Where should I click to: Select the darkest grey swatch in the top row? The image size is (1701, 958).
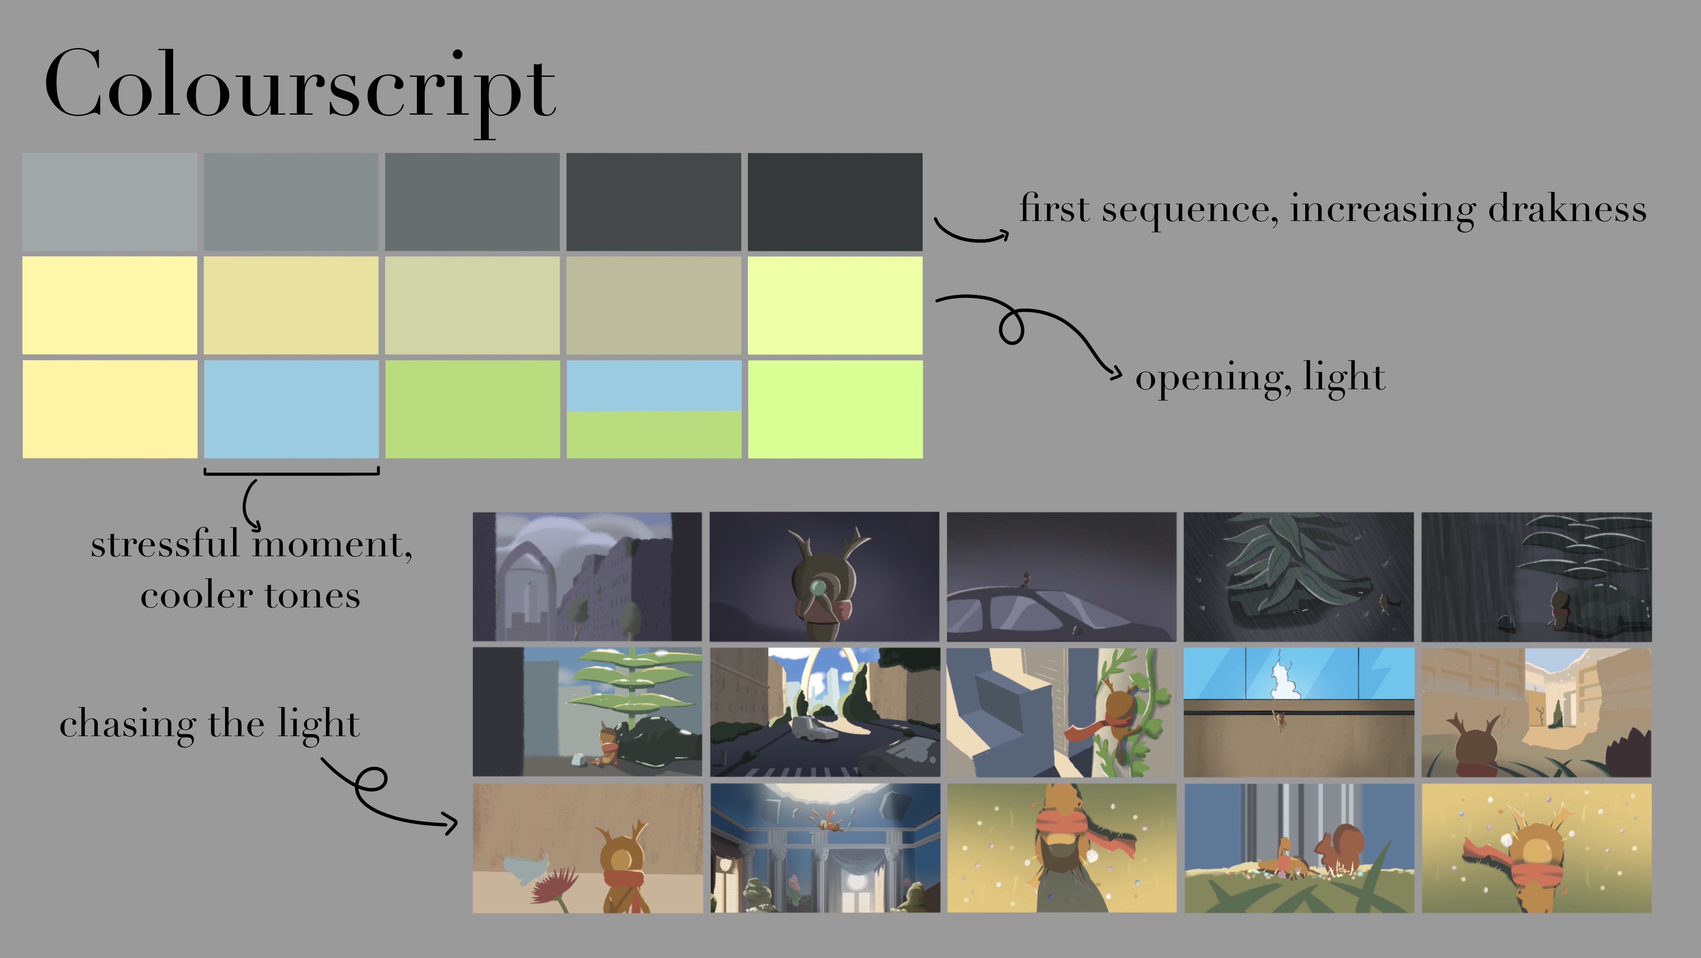click(835, 202)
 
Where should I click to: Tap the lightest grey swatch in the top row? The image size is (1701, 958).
click(110, 202)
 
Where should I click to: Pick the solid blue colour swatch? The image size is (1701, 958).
click(291, 409)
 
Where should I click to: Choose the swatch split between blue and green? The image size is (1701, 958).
click(654, 409)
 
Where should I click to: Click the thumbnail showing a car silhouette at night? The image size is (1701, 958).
click(1061, 577)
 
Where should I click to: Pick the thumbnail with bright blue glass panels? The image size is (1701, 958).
click(1298, 712)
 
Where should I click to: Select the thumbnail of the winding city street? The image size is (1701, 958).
click(825, 712)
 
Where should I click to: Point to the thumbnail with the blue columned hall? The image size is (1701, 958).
click(825, 848)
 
